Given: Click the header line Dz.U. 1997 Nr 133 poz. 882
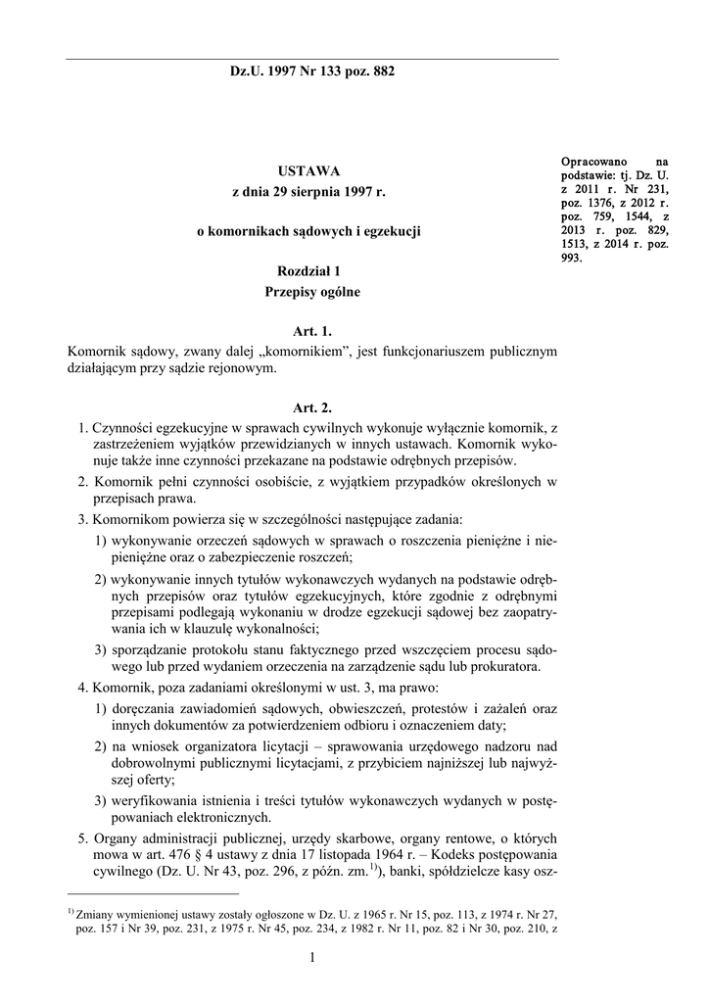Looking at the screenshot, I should tap(312, 72).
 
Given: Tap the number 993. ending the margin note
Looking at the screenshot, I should tap(572, 259).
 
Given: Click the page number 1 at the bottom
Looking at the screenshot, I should tap(310, 957).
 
